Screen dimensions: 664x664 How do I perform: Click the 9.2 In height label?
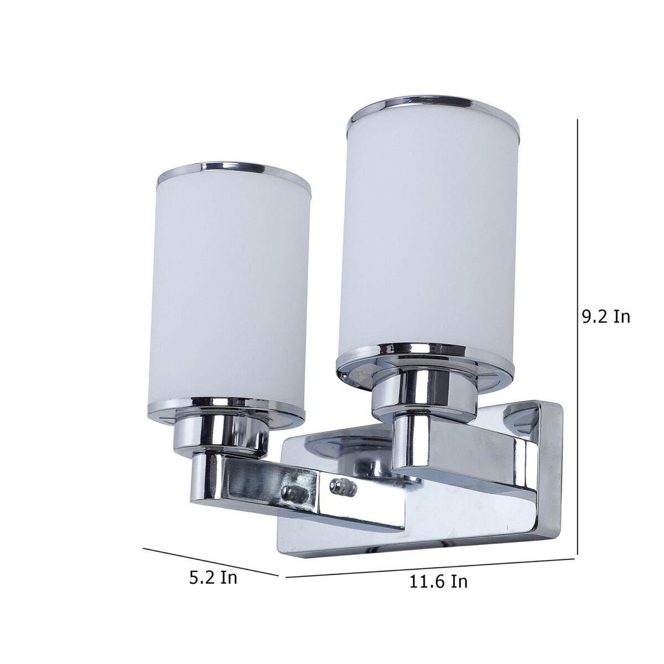[x=606, y=318]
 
